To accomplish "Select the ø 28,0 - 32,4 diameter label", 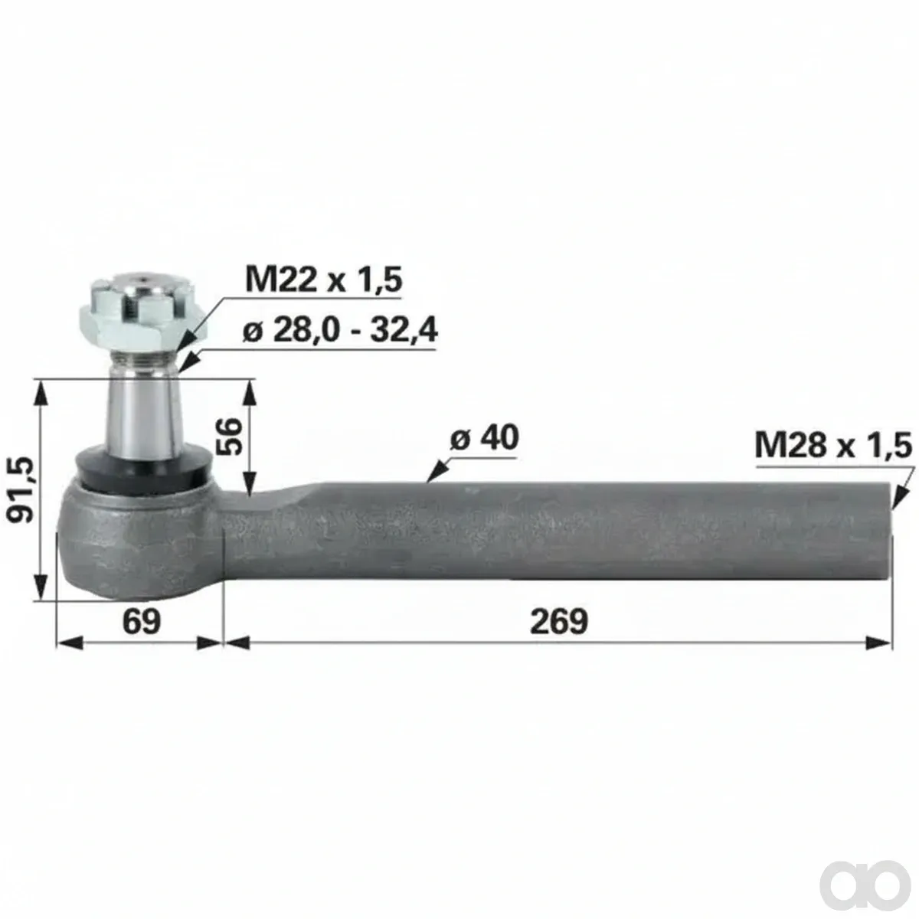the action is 339,330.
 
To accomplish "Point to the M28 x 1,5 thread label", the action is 833,446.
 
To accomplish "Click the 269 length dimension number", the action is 559,621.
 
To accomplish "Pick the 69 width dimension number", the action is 142,621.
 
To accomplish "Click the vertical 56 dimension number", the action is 231,437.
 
